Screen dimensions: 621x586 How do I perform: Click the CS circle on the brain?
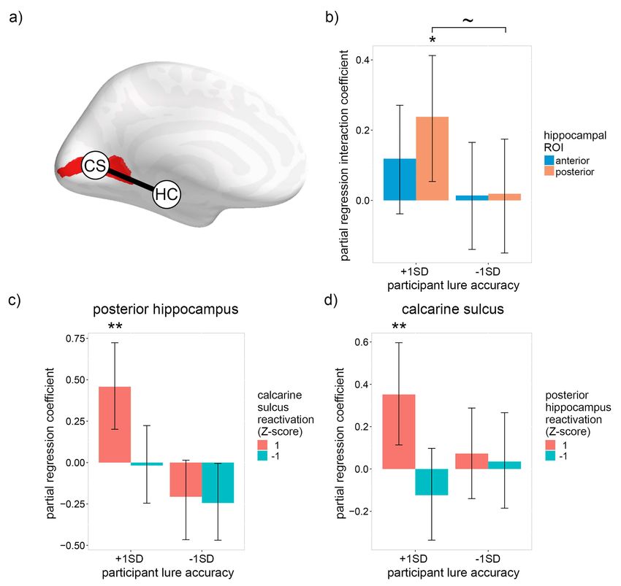(95, 166)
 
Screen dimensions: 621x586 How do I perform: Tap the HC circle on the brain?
(167, 194)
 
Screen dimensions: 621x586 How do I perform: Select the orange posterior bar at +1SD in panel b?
(432, 158)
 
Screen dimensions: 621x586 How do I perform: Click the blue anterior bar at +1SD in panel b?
(400, 180)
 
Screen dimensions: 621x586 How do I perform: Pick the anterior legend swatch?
(549, 161)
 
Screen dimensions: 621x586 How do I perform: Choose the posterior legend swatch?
(549, 171)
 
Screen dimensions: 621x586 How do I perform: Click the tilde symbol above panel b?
(468, 20)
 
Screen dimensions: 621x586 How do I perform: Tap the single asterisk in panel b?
(433, 40)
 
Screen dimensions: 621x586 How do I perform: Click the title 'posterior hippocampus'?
(166, 309)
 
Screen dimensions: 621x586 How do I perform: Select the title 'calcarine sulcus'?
(453, 309)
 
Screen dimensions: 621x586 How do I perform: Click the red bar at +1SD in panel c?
(115, 425)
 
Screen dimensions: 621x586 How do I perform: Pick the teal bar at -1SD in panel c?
(218, 482)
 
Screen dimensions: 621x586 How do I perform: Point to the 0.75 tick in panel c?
(75, 339)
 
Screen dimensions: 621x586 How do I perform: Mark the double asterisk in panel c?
(115, 327)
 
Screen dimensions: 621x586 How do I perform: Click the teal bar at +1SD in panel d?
(432, 482)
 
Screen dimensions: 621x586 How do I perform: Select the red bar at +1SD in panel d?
(399, 432)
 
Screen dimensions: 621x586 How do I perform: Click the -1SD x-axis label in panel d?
(487, 559)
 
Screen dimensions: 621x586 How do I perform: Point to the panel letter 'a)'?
(15, 18)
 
